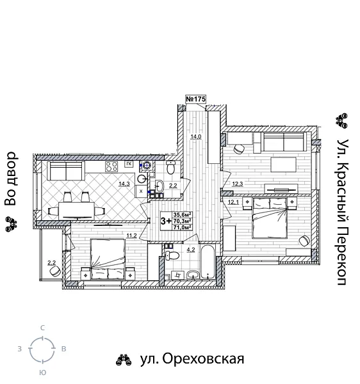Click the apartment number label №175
[196, 99]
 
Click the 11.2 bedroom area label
[133, 236]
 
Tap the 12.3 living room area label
[237, 184]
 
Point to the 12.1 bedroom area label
[233, 203]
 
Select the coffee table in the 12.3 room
[282, 164]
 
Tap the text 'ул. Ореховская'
[192, 359]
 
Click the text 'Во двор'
[10, 179]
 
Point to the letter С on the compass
[42, 328]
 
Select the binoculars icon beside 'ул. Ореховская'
[124, 360]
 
